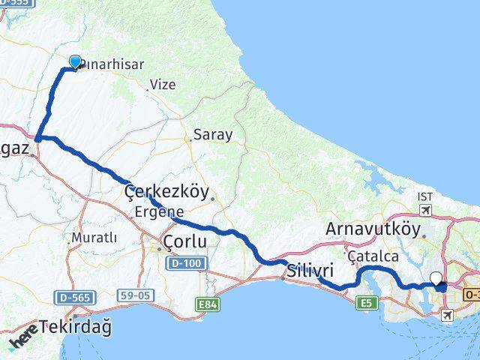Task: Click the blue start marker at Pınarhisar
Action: pyautogui.click(x=75, y=62)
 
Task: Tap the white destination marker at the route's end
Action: pyautogui.click(x=436, y=278)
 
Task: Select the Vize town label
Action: pyautogui.click(x=162, y=85)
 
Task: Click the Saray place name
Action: pyautogui.click(x=213, y=136)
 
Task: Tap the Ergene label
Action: pyautogui.click(x=159, y=212)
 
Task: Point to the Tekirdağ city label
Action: pyautogui.click(x=75, y=326)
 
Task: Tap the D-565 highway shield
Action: pyautogui.click(x=75, y=298)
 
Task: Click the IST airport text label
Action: pyautogui.click(x=425, y=196)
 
